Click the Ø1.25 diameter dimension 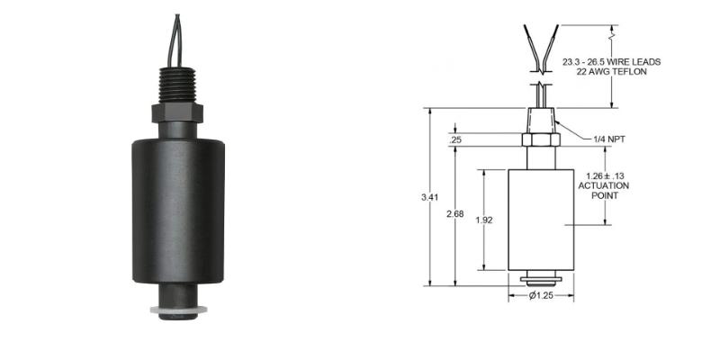pyautogui.click(x=541, y=295)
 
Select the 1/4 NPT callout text pyautogui.click(x=586, y=139)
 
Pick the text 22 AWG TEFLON pyautogui.click(x=611, y=72)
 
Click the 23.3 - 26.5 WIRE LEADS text pyautogui.click(x=611, y=61)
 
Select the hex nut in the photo pyautogui.click(x=175, y=113)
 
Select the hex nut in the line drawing pyautogui.click(x=541, y=140)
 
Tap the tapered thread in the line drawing pyautogui.click(x=541, y=121)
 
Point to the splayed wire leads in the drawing pyautogui.click(x=541, y=49)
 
